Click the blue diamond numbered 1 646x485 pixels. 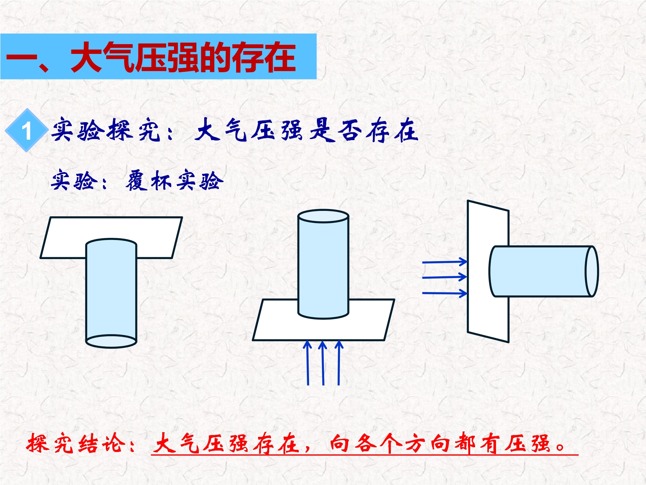(27, 130)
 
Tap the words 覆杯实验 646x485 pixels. (174, 181)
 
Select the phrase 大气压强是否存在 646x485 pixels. (307, 130)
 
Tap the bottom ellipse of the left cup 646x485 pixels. (111, 341)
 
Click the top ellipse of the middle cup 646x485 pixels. (323, 216)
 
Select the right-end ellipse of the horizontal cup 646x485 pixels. (592, 271)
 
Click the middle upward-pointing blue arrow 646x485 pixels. (323, 363)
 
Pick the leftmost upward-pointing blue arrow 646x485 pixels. (308, 363)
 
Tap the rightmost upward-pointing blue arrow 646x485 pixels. (339, 363)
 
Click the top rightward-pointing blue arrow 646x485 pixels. (445, 262)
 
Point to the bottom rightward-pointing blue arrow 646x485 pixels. (445, 293)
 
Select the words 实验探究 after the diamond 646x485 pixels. (106, 130)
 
